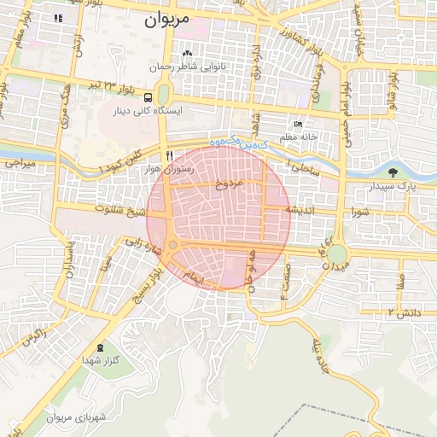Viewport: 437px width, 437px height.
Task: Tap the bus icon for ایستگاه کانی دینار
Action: point(149,97)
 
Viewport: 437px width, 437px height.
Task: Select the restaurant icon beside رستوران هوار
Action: point(170,155)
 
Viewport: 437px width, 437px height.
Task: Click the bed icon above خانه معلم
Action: point(297,124)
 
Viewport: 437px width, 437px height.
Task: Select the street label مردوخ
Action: point(230,183)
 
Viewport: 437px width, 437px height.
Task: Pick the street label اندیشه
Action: point(302,208)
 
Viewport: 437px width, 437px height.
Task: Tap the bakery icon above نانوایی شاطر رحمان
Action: point(187,55)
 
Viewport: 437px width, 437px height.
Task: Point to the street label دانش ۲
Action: point(405,313)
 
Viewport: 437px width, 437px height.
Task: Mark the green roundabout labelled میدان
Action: point(338,254)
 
